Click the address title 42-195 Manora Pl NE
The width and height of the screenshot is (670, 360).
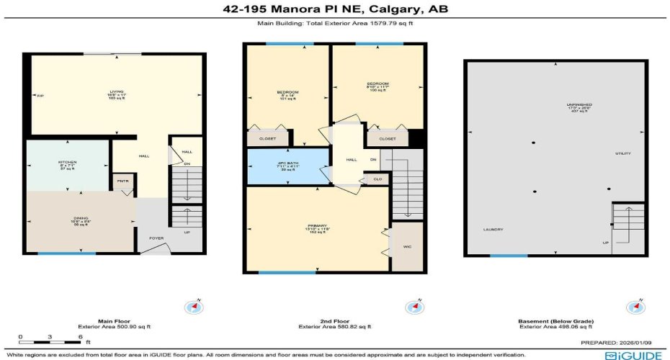(335, 9)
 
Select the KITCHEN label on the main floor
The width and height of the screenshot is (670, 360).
(68, 163)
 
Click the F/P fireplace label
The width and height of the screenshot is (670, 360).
(40, 96)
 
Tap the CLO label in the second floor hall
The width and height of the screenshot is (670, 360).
(377, 178)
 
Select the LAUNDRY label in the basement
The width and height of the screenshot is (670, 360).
(493, 230)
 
